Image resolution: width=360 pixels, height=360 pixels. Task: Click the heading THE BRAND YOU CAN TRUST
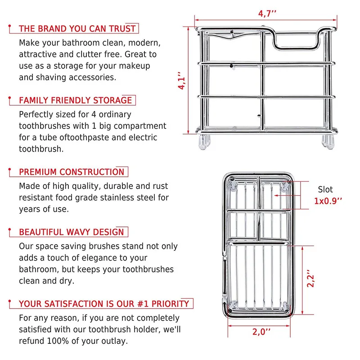(77, 29)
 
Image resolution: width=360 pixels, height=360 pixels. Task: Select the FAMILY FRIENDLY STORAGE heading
(76, 100)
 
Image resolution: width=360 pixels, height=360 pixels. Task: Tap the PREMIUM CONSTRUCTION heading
(72, 172)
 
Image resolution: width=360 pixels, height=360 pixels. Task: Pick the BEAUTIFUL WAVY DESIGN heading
(71, 232)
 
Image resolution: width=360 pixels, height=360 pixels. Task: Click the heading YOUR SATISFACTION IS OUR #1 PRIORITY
(104, 304)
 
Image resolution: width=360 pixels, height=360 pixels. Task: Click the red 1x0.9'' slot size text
(328, 201)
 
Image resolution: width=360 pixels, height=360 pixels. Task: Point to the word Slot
(325, 189)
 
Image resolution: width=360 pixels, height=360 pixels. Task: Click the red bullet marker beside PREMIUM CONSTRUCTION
(10, 171)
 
